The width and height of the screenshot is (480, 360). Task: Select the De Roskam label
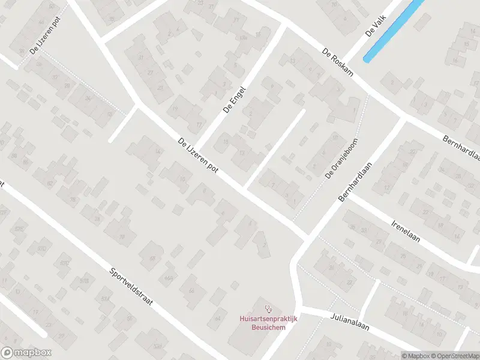pyautogui.click(x=337, y=62)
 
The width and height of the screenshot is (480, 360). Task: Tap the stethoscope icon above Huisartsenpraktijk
pyautogui.click(x=268, y=308)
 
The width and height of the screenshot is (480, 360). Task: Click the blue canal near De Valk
pyautogui.click(x=394, y=30)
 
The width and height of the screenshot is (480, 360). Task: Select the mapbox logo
pyautogui.click(x=26, y=352)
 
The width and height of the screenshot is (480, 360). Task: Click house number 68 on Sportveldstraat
pyautogui.click(x=152, y=259)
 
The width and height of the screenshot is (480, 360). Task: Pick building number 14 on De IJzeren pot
pyautogui.click(x=158, y=152)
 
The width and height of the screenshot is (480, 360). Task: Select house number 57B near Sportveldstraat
pyautogui.click(x=85, y=280)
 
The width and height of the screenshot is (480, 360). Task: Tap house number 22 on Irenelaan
pyautogui.click(x=349, y=282)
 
